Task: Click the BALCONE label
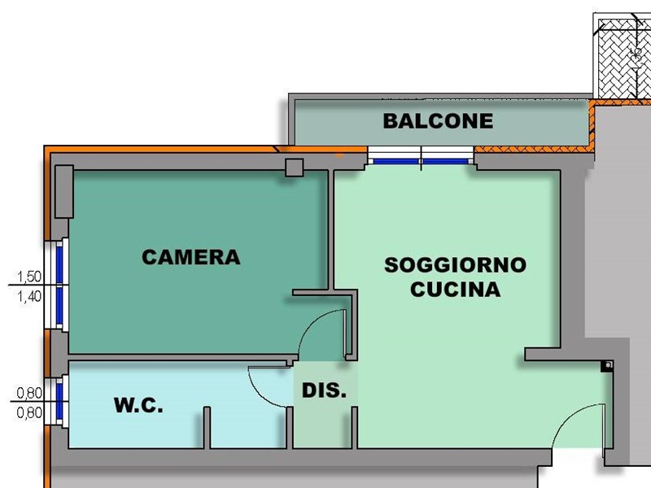coord(438,121)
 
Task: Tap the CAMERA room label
coord(190,257)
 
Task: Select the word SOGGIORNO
coord(455,265)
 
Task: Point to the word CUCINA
coord(455,289)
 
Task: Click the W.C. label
coord(138,405)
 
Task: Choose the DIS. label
coord(324,390)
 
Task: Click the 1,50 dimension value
coord(28,277)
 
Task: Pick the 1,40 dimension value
coord(28,296)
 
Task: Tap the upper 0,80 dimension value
coord(28,393)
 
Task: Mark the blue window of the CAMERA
coord(59,284)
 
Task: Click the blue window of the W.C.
coord(59,400)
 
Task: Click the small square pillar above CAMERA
coord(294,168)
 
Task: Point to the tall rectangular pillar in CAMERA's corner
coord(64,192)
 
